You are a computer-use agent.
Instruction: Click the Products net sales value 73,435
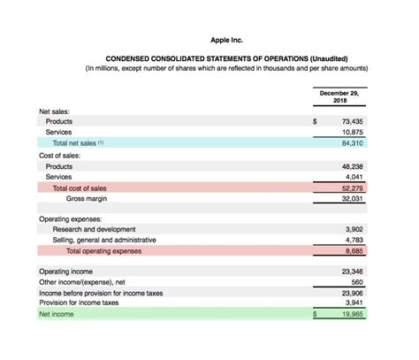click(353, 121)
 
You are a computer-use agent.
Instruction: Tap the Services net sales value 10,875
click(353, 132)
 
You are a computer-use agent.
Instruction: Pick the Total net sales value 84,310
click(353, 142)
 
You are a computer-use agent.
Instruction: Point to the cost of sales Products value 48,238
click(353, 166)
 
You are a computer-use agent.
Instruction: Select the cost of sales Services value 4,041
click(355, 177)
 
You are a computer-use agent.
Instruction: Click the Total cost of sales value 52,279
click(353, 188)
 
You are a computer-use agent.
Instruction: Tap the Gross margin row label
click(87, 198)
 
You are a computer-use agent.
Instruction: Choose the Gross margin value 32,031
click(353, 198)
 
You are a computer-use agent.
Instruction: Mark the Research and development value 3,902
click(355, 229)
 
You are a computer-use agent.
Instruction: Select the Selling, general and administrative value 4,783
click(355, 240)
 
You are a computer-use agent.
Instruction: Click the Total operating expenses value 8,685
click(355, 250)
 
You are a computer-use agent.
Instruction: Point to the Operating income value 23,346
click(353, 271)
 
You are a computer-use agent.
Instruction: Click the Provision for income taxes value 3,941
click(355, 303)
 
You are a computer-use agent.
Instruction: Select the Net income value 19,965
click(353, 314)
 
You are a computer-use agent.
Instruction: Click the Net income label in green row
click(57, 314)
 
